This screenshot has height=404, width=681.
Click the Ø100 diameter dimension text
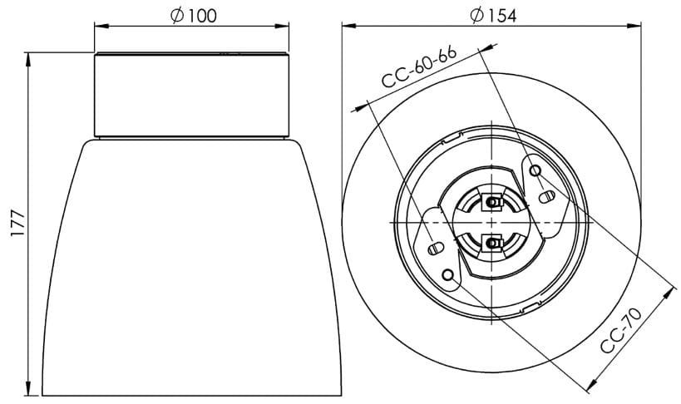point(193,17)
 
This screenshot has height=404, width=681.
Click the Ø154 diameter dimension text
point(493,17)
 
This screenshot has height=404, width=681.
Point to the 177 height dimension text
point(18,225)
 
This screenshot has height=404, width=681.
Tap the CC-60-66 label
point(419,68)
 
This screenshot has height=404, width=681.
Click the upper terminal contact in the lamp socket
point(493,202)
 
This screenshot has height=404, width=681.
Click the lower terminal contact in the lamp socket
point(493,243)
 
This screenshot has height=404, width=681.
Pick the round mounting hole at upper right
point(538,171)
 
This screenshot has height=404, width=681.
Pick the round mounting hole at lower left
point(449,274)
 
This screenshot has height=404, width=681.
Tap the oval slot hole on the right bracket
point(547,197)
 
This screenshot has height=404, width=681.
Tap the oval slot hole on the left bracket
point(435,249)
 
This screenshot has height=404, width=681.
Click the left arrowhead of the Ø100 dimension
point(98,27)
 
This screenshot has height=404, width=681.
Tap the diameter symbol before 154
point(476,17)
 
